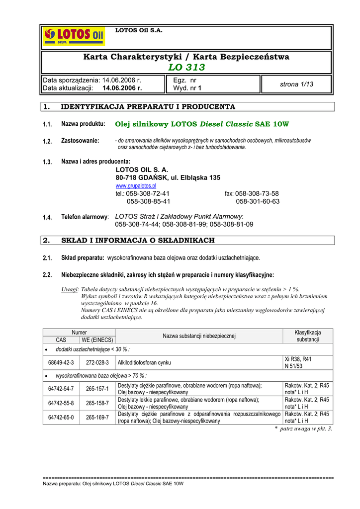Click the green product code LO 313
[186, 68]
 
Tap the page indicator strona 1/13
[296, 84]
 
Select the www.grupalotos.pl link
[136, 185]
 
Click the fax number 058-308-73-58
[257, 193]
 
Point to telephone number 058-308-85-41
[148, 201]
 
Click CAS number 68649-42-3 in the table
[61, 363]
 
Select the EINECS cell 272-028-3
[97, 363]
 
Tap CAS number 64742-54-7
[61, 389]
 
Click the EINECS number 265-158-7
[97, 403]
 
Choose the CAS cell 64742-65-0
[61, 417]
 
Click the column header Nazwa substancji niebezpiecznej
[199, 336]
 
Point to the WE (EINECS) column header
[97, 340]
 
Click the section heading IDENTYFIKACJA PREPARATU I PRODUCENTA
[148, 107]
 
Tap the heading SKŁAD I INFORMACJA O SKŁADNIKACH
[137, 241]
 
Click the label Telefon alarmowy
[84, 217]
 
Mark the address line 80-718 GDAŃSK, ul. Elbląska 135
[168, 177]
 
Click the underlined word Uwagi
[70, 289]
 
